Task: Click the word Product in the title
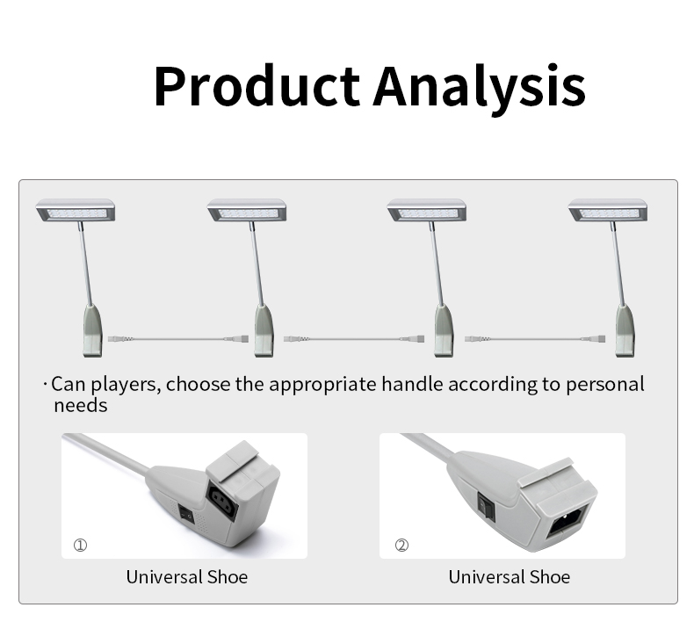click(x=257, y=86)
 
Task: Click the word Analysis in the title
click(x=480, y=89)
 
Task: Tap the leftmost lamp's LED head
click(x=76, y=210)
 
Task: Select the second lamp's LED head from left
click(x=247, y=210)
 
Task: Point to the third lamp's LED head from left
click(x=427, y=210)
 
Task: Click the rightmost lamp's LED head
click(x=608, y=210)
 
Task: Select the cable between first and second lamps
click(x=178, y=339)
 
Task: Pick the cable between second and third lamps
click(x=354, y=339)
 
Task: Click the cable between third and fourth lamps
click(x=535, y=339)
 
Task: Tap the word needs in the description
click(x=81, y=406)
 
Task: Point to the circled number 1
click(x=80, y=545)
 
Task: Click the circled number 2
click(x=401, y=545)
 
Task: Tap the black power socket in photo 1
click(x=222, y=503)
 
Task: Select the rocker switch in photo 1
click(x=186, y=514)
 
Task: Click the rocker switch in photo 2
click(x=486, y=506)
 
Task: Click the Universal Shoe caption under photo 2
click(x=509, y=577)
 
